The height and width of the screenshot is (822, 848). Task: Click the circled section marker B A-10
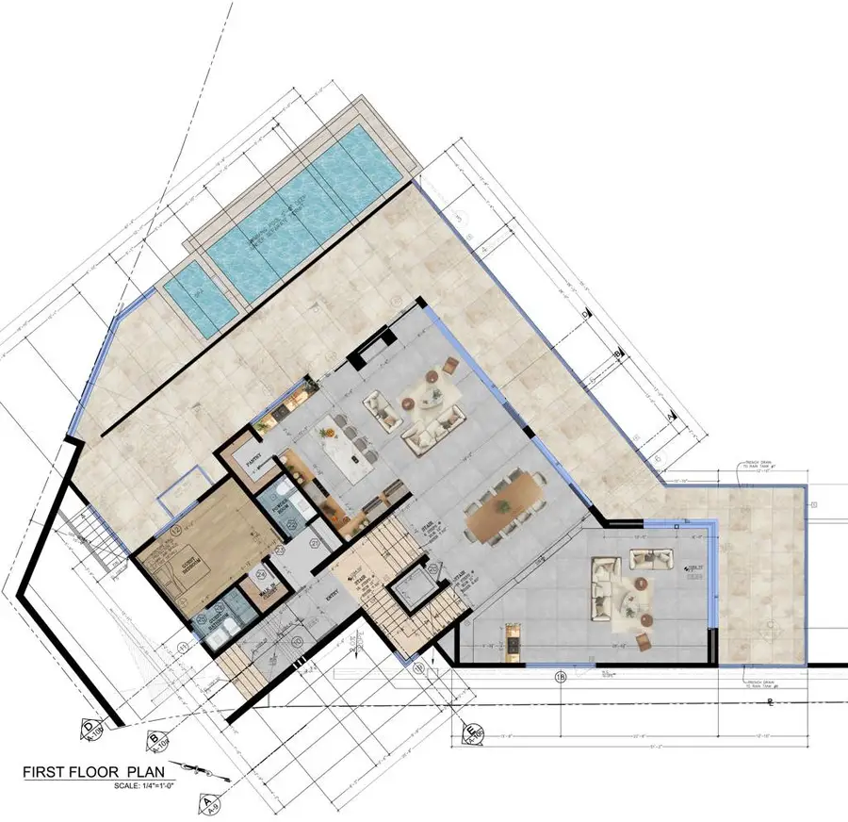[x=153, y=742]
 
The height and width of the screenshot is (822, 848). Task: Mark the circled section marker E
[x=468, y=732]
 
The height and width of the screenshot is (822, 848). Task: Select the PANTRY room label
[x=253, y=461]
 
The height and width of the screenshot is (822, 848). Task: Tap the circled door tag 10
[x=299, y=642]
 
